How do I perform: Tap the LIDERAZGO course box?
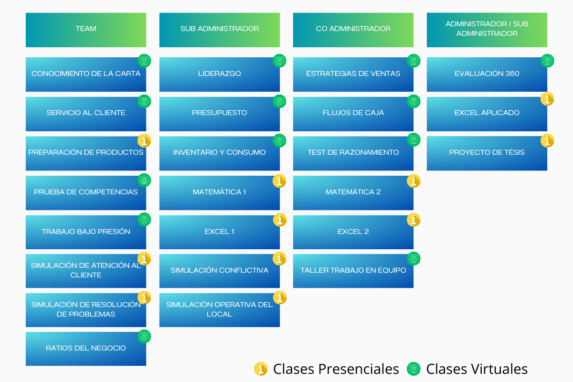coord(220,74)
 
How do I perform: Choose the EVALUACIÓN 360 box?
coord(487,74)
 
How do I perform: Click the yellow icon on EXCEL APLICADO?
coord(547,99)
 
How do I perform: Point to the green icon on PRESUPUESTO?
coord(279,101)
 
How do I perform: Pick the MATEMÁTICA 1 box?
coord(220,192)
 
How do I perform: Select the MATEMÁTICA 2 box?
coord(353,192)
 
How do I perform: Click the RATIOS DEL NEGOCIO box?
coord(86,349)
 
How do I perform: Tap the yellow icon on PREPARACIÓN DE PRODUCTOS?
coord(144,140)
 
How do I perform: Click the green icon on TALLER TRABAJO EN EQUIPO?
coord(414,258)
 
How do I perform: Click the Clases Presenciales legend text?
coord(336,369)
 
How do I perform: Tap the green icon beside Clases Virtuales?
coord(413,369)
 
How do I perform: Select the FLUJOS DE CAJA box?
coord(353,114)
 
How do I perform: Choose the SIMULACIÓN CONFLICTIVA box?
coord(220,271)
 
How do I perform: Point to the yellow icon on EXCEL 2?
coord(414,220)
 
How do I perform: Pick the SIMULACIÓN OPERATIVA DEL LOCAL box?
coord(220,310)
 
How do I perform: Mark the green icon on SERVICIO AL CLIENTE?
coord(144,101)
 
